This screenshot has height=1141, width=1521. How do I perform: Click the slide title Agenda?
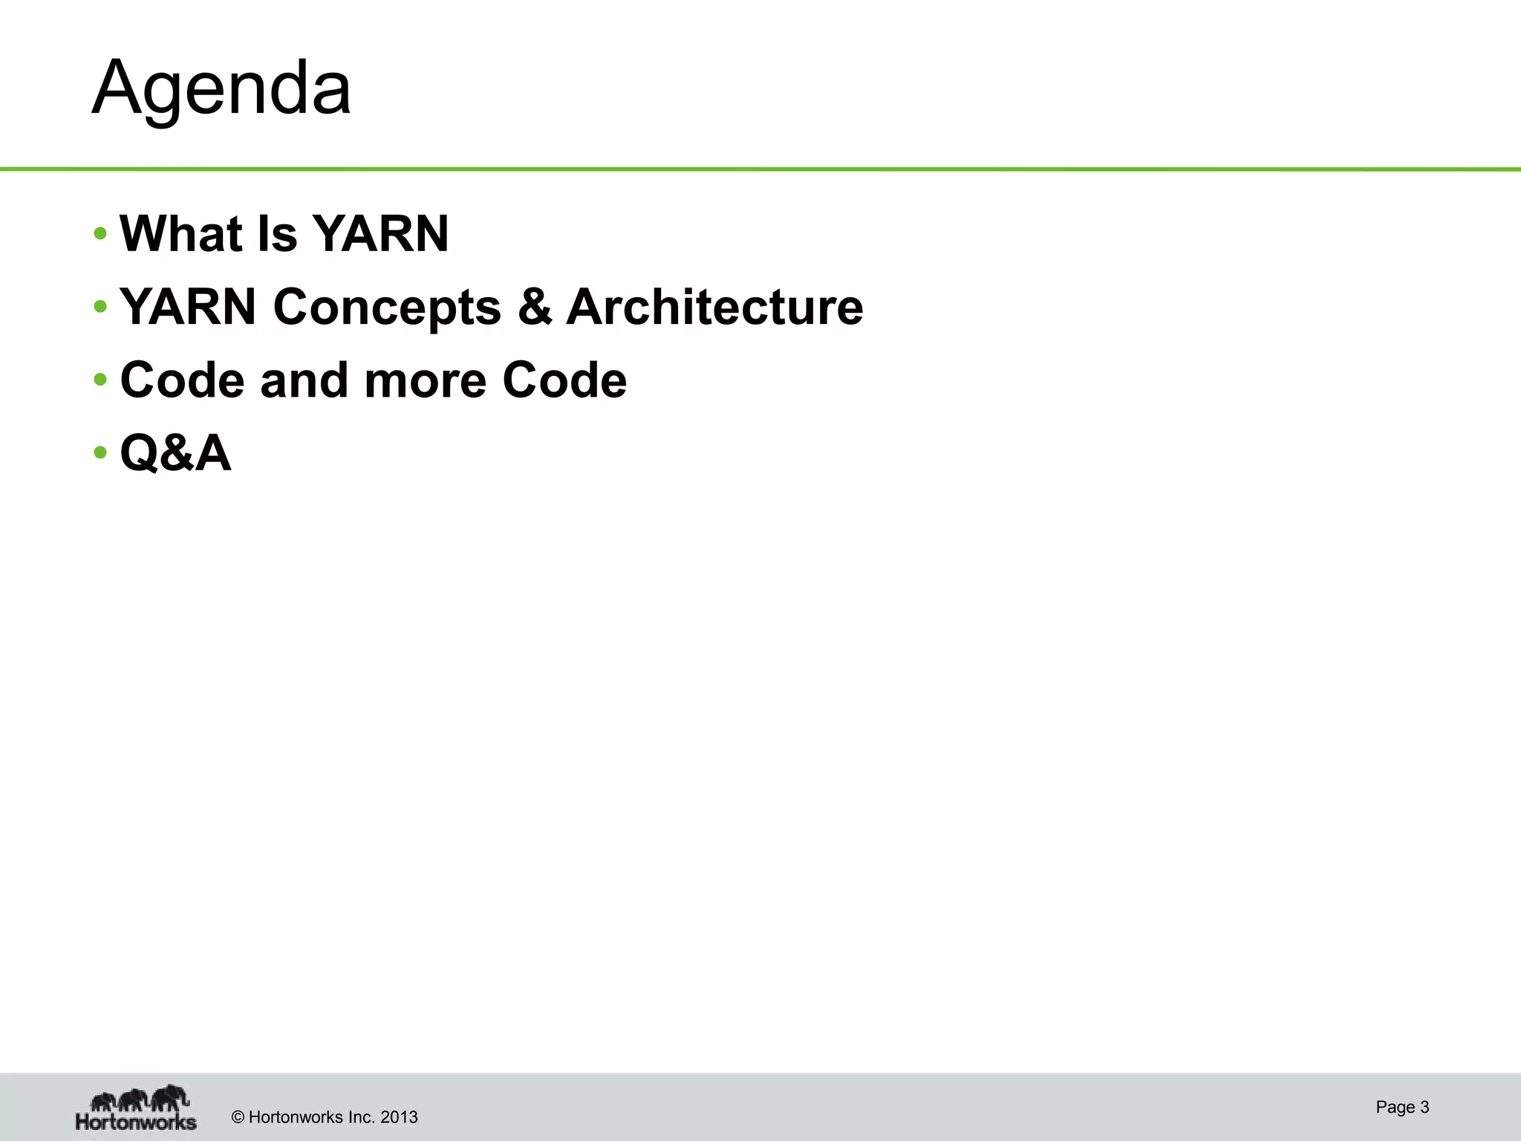[221, 88]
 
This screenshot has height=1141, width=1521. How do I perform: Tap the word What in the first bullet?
[181, 234]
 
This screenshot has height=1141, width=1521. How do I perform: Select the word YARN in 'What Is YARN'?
[380, 234]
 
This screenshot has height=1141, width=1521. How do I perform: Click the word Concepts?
[387, 307]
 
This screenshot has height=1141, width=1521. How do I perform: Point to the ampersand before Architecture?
[535, 307]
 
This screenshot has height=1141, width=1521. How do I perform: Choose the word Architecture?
[714, 307]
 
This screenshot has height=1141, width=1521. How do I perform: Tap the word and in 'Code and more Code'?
[304, 380]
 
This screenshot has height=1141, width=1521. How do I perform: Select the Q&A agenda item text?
[175, 453]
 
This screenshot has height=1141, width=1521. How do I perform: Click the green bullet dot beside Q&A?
[100, 452]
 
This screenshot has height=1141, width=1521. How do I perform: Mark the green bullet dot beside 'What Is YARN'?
[100, 234]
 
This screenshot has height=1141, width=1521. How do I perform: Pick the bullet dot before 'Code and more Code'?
[100, 380]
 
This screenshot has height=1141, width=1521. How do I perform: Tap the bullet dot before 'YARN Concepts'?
[100, 307]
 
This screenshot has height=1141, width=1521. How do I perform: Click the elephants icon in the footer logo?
[139, 1097]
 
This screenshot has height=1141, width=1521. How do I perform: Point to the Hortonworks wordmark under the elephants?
[136, 1120]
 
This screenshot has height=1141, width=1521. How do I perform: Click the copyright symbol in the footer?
[238, 1117]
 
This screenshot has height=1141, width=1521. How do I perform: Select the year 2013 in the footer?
[399, 1117]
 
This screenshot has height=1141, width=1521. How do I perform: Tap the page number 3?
[1424, 1107]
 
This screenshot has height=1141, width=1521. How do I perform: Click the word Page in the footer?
[1395, 1107]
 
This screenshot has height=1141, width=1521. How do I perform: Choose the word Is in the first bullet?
[276, 234]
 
